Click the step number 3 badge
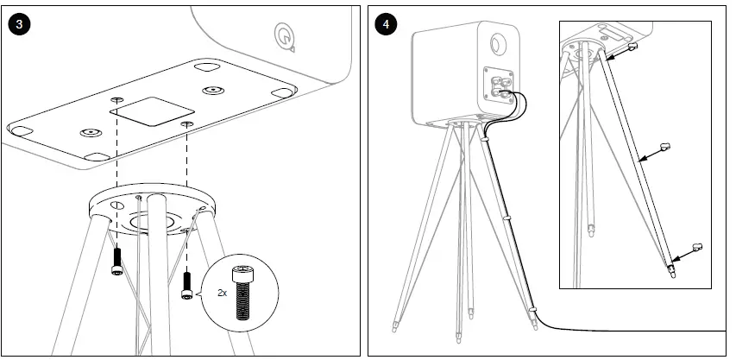pyautogui.click(x=20, y=24)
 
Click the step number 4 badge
pyautogui.click(x=386, y=24)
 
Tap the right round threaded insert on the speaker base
pyautogui.click(x=212, y=90)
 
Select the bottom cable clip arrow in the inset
pyautogui.click(x=690, y=251)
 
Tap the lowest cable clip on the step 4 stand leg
pyautogui.click(x=532, y=306)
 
